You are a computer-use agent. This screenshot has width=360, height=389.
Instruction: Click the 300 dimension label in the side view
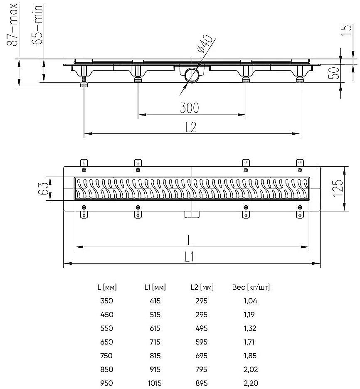pyautogui.click(x=190, y=108)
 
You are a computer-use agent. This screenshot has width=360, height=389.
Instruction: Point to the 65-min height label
pyautogui.click(x=38, y=26)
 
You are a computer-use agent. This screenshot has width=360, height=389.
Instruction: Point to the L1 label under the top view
pyautogui.click(x=190, y=257)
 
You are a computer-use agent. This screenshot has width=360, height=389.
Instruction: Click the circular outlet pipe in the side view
pyautogui.click(x=192, y=76)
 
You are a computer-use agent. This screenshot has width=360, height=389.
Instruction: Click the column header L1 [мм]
pyautogui.click(x=155, y=287)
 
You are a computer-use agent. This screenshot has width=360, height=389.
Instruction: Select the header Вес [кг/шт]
pyautogui.click(x=252, y=287)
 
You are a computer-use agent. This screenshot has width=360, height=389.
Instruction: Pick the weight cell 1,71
pyautogui.click(x=249, y=342)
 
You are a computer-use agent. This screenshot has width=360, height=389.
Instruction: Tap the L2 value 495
pyautogui.click(x=201, y=328)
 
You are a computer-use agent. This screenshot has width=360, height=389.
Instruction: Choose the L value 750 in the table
pyautogui.click(x=107, y=356)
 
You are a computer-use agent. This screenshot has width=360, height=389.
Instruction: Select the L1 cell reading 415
pyautogui.click(x=155, y=301)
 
